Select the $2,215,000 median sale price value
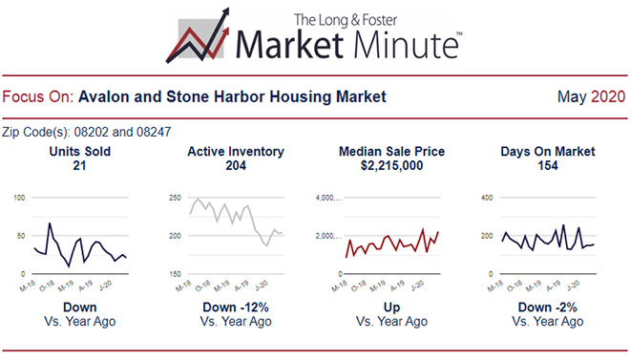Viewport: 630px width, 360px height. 391,166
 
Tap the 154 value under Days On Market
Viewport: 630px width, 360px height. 548,166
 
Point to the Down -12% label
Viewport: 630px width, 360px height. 235,307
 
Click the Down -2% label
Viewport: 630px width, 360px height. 548,307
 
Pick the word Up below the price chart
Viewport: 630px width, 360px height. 391,307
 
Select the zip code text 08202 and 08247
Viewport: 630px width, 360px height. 91,132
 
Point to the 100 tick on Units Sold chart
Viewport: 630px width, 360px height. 19,198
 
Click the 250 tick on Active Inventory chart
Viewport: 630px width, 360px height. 176,198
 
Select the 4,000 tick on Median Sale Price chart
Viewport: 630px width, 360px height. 327,198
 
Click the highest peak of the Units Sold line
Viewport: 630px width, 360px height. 50,223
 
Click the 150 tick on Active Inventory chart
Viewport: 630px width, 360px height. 176,274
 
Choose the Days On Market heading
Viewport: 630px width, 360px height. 548,152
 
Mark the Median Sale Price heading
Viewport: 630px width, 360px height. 391,152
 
